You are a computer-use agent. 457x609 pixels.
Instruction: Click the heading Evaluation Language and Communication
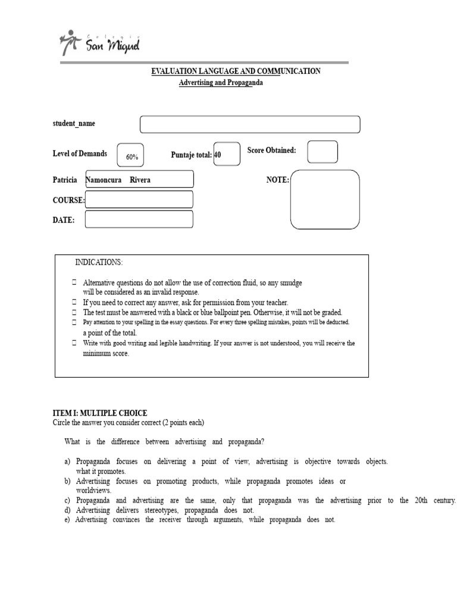236,71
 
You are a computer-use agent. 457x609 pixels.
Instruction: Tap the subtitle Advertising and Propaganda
221,83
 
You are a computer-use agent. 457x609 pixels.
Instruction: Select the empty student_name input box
250,124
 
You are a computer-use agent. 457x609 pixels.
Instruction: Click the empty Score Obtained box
323,152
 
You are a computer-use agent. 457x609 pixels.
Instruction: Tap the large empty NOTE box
325,199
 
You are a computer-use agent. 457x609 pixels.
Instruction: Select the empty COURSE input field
139,199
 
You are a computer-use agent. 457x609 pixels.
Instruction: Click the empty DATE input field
139,219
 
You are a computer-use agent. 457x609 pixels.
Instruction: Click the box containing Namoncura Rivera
139,180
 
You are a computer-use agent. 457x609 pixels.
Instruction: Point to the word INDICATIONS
99,262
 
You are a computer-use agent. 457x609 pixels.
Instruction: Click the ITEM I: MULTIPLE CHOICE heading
100,413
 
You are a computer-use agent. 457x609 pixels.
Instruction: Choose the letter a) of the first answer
67,462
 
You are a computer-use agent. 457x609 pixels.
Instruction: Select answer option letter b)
67,481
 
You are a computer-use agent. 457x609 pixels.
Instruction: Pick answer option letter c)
67,501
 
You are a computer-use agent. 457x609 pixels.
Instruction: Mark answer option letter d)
67,510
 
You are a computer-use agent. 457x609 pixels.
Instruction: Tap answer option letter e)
67,520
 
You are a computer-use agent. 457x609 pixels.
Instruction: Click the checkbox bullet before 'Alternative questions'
74,282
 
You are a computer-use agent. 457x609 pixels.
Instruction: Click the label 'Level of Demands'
80,153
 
